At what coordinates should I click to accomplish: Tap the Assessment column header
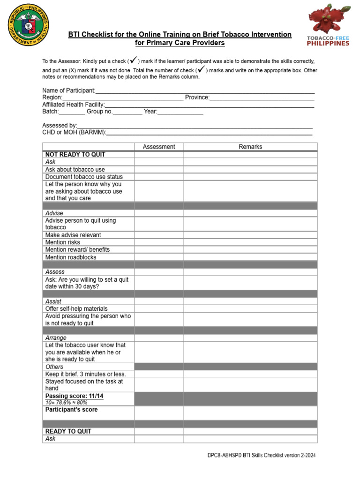[158, 147]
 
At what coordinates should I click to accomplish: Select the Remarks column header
[250, 147]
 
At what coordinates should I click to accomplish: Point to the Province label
[196, 97]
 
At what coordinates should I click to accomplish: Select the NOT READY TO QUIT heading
[75, 155]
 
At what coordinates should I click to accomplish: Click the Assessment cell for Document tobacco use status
[158, 177]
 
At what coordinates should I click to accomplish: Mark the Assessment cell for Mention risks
[158, 242]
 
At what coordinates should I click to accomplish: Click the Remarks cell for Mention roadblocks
[250, 257]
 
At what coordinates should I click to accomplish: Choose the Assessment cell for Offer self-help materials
[158, 308]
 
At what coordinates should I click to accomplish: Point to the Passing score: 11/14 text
[74, 396]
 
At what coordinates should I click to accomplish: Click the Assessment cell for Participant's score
[158, 412]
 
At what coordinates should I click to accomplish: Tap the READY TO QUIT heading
[68, 431]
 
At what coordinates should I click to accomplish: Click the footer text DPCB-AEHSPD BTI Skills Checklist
[265, 455]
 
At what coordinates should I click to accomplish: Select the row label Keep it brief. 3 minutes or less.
[85, 374]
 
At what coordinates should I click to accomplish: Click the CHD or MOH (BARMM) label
[74, 133]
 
